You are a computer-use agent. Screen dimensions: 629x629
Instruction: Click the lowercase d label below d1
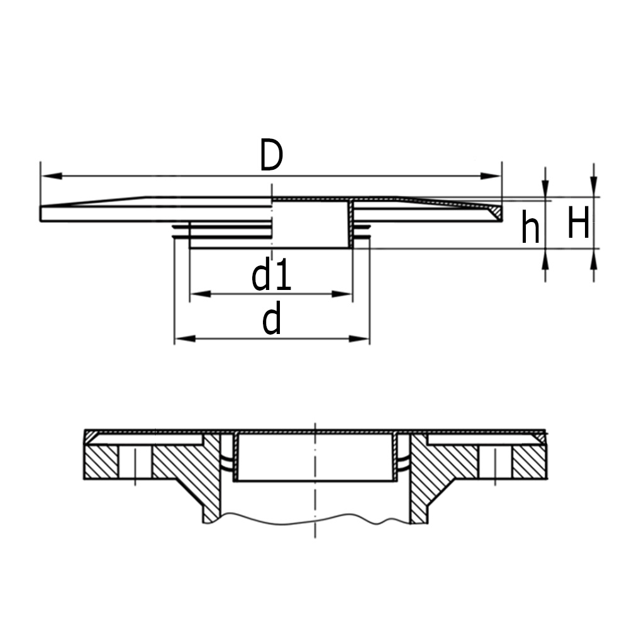click(x=272, y=321)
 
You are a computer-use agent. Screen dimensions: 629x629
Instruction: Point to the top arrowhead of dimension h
click(x=545, y=191)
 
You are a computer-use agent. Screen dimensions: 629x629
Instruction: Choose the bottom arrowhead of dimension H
click(x=593, y=257)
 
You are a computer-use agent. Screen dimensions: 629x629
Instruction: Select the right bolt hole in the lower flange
click(x=496, y=462)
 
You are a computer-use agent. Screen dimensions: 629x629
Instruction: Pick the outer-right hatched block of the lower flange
click(x=529, y=462)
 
